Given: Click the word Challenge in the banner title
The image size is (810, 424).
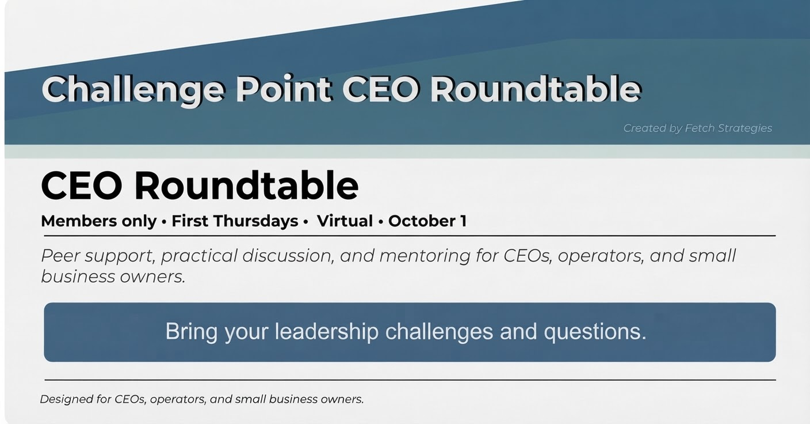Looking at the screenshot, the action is [x=133, y=90].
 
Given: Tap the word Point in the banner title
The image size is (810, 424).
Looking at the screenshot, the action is [x=284, y=89].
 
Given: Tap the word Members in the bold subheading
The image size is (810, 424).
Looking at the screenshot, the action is [x=79, y=221].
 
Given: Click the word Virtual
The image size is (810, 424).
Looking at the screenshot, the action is [x=345, y=221].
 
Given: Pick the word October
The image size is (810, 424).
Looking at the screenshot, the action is [x=422, y=221].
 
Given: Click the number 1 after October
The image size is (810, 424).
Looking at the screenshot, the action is [x=463, y=221].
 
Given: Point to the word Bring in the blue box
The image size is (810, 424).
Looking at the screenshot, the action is [x=192, y=332].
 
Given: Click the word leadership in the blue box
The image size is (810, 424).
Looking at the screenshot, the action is [x=327, y=331].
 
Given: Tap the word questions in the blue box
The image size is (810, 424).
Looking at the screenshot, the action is [x=595, y=332].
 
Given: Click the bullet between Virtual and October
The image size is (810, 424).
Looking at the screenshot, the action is [x=381, y=222].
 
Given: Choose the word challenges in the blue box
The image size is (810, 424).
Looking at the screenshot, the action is [x=439, y=332].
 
